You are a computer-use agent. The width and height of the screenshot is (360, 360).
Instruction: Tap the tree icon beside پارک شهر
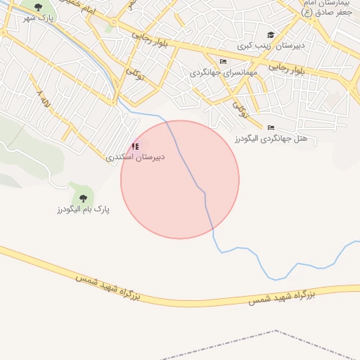[38, 7]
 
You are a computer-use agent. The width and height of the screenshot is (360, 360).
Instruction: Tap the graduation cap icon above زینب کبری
[270, 34]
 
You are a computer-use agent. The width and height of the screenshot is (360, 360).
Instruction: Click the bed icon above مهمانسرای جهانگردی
[223, 61]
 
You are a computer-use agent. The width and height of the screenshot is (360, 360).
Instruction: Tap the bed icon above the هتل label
[271, 127]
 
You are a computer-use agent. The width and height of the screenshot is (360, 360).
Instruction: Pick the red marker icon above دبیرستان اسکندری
[135, 146]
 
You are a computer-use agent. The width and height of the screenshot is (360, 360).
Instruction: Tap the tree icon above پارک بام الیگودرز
[83, 198]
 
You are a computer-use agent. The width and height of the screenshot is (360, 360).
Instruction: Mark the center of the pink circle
[180, 179]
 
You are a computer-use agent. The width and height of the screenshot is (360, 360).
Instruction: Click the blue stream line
[246, 250]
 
